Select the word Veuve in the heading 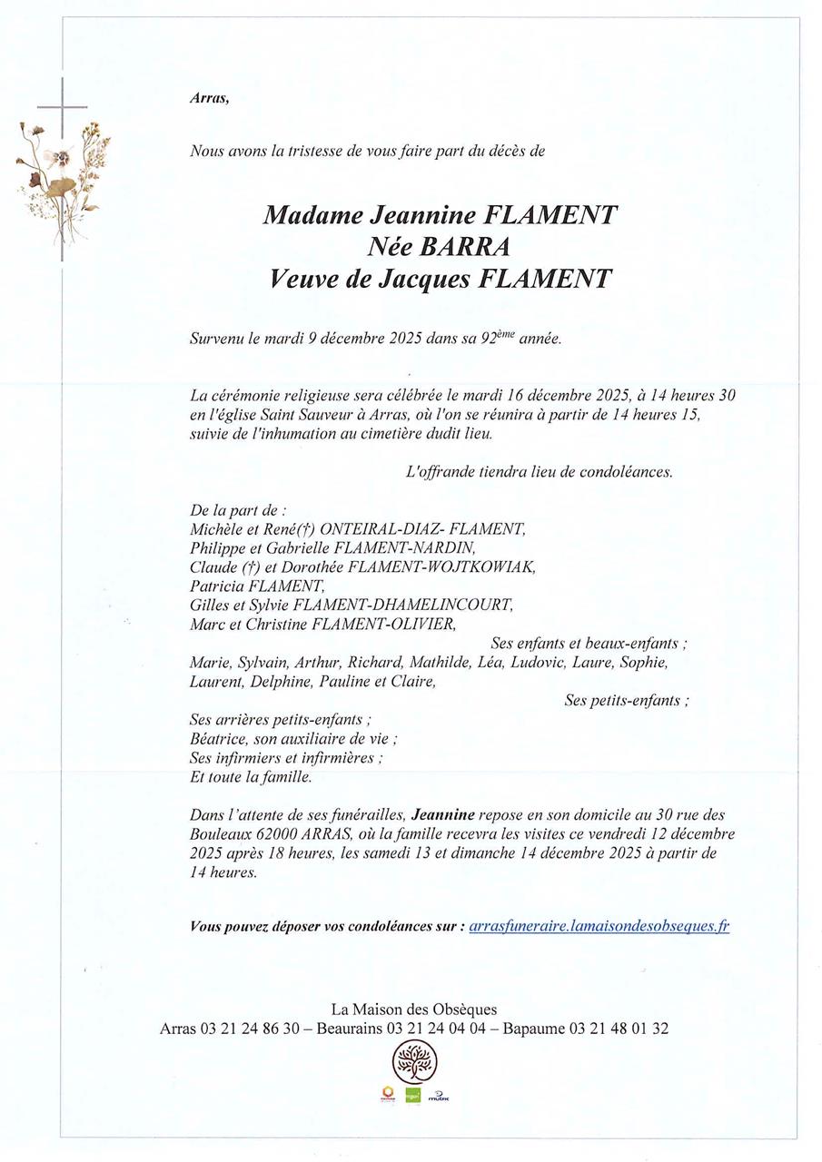[301, 279]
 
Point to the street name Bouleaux [223, 832]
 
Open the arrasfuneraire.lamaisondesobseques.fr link [599, 926]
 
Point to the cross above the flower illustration [63, 107]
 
